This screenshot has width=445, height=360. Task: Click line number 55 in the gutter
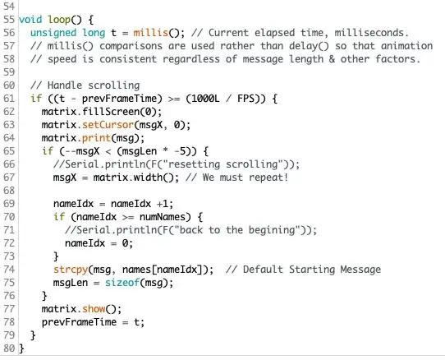9,20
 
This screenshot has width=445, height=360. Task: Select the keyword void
30,20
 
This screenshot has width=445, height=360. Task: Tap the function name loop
59,20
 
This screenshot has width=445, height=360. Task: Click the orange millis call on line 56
151,33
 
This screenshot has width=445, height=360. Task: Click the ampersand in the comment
332,59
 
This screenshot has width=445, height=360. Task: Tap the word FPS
245,99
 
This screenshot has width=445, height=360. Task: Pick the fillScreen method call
111,112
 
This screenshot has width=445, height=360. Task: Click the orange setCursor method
108,125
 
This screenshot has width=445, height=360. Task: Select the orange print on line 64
96,138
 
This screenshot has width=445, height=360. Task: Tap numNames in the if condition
163,217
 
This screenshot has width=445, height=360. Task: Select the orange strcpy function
71,270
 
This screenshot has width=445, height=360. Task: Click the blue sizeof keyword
122,283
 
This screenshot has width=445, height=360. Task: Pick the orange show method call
94,309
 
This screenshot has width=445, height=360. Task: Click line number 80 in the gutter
9,348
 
